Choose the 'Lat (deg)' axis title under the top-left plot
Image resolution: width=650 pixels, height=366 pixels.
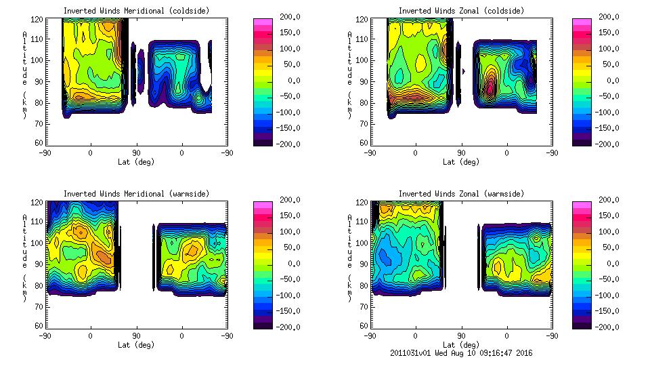pos(135,162)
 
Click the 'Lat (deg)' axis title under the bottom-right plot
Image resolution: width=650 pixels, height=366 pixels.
pos(460,345)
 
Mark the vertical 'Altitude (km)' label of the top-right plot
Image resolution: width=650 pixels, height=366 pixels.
pos(349,75)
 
